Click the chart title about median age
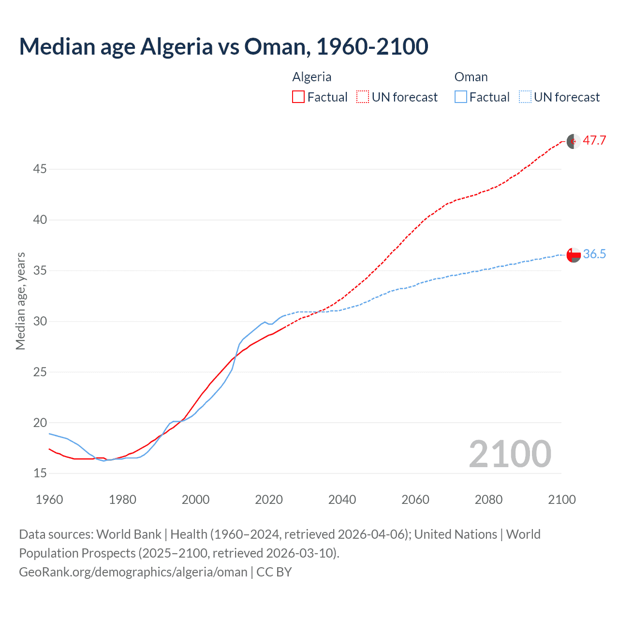pyautogui.click(x=223, y=46)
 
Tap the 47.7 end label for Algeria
pyautogui.click(x=594, y=141)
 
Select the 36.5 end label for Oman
pyautogui.click(x=594, y=254)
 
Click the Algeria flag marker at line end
pyautogui.click(x=574, y=142)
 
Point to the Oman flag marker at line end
pyautogui.click(x=574, y=255)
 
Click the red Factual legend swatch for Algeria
pyautogui.click(x=298, y=97)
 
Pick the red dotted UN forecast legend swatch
pyautogui.click(x=363, y=97)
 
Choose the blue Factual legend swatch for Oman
pyautogui.click(x=460, y=97)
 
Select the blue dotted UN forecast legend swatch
pyautogui.click(x=525, y=97)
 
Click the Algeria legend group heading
pyautogui.click(x=312, y=77)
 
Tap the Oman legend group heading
pyautogui.click(x=471, y=77)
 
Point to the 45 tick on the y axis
pyautogui.click(x=40, y=169)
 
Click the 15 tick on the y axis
pyautogui.click(x=40, y=473)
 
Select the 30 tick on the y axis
pyautogui.click(x=40, y=321)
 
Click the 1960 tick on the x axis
pyautogui.click(x=49, y=500)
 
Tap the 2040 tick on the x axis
pyautogui.click(x=342, y=500)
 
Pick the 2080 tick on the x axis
pyautogui.click(x=488, y=500)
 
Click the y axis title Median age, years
pyautogui.click(x=20, y=301)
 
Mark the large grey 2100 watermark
pyautogui.click(x=510, y=454)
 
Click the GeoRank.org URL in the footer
pyautogui.click(x=133, y=572)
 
